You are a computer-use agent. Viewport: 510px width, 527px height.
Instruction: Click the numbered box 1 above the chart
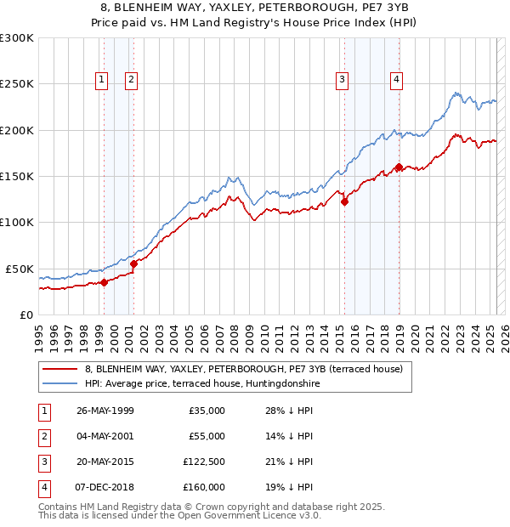(x=101, y=81)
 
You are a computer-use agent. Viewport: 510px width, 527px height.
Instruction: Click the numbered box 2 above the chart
(x=132, y=81)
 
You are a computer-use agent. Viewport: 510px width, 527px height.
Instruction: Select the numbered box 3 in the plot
(x=342, y=81)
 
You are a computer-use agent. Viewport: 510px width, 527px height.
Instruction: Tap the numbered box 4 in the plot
(x=397, y=81)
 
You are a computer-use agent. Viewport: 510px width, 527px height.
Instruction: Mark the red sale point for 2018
(x=399, y=167)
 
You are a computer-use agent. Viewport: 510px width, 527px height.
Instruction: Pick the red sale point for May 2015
(x=344, y=201)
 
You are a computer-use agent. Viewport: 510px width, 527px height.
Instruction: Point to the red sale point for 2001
(x=133, y=263)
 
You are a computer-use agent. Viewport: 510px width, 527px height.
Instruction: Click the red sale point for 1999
(x=104, y=282)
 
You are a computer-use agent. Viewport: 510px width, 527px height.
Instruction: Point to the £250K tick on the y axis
(x=17, y=84)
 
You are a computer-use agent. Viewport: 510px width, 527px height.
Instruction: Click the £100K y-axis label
(x=17, y=222)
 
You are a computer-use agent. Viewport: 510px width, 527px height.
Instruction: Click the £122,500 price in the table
(x=204, y=462)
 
